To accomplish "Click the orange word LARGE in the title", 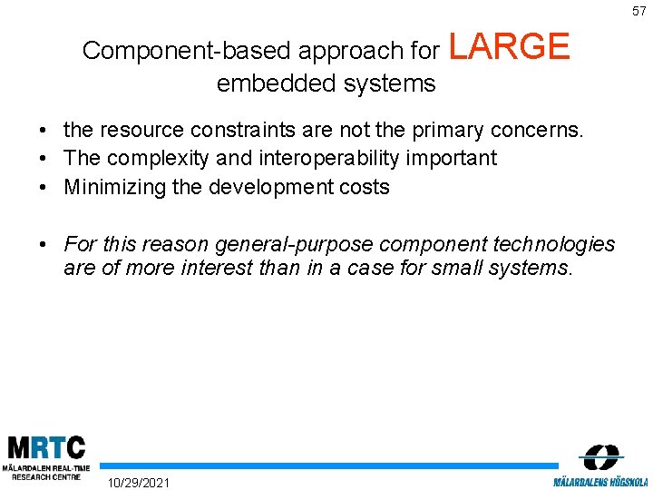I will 509,47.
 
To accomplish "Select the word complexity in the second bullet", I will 153,158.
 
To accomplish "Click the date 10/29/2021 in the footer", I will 138,482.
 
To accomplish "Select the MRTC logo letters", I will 46,448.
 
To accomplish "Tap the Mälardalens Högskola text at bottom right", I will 600,481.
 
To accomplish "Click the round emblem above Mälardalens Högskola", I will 601,456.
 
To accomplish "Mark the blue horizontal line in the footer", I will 326,465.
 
